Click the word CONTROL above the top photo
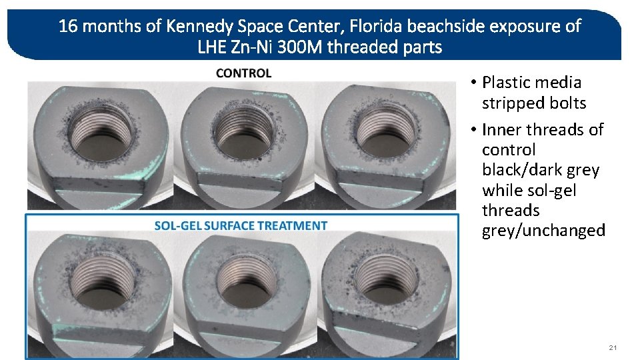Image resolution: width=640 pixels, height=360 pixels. coord(243,73)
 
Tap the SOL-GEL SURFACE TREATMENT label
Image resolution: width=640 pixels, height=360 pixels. coord(241,226)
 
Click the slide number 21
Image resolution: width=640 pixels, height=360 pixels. coord(613,348)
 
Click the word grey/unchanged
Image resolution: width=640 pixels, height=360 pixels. coord(543,231)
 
